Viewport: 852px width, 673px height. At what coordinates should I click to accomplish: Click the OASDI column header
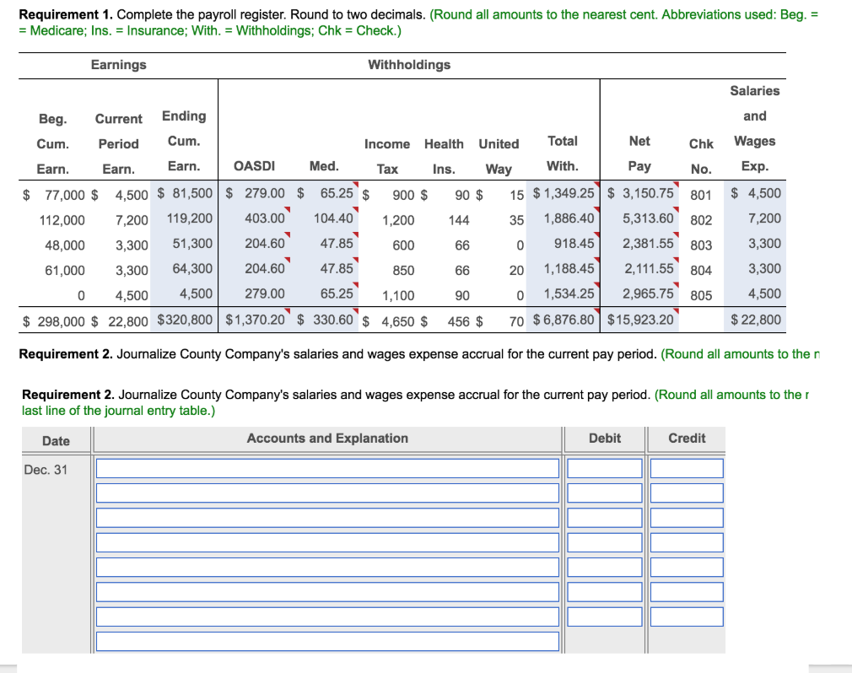pos(254,167)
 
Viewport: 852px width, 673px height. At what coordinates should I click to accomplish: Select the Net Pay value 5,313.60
pos(648,218)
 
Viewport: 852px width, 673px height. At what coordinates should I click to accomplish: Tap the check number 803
pos(700,245)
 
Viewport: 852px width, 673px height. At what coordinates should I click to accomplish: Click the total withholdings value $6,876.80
pos(564,320)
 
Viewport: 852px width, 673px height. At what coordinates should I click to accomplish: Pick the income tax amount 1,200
pos(398,220)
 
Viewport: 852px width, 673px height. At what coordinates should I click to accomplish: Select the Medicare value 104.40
pos(333,218)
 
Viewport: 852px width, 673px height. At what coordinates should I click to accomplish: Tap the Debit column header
pos(604,439)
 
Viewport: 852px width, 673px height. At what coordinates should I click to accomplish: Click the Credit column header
pos(687,439)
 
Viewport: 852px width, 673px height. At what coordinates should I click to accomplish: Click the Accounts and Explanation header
pos(327,439)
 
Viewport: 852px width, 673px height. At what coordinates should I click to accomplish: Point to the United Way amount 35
pos(516,220)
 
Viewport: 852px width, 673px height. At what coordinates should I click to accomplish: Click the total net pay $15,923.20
pos(640,320)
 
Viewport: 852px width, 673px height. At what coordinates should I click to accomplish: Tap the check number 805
pos(700,296)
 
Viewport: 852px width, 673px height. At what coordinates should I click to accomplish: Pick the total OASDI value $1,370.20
pos(256,320)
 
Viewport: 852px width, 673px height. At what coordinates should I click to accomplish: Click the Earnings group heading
pos(118,65)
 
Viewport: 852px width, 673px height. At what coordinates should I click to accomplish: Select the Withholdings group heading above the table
pos(409,65)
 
